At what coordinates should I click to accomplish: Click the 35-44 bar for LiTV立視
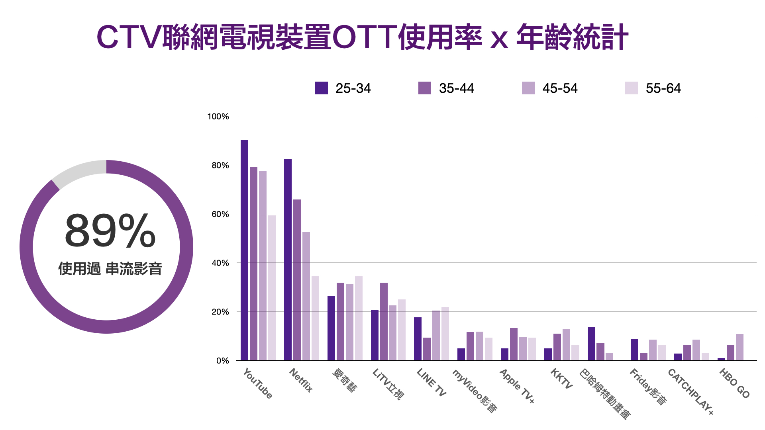pyautogui.click(x=383, y=321)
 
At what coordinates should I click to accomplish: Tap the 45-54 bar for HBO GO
pyautogui.click(x=739, y=347)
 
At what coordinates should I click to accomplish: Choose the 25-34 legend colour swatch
pyautogui.click(x=321, y=88)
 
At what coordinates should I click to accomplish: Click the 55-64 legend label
pyautogui.click(x=663, y=88)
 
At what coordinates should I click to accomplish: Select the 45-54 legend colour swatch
pyautogui.click(x=528, y=88)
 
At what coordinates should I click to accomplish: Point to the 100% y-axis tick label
pyautogui.click(x=218, y=116)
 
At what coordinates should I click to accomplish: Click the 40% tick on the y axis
pyautogui.click(x=220, y=263)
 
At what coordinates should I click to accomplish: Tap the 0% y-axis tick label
pyautogui.click(x=223, y=361)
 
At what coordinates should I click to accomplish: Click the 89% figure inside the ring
pyautogui.click(x=110, y=231)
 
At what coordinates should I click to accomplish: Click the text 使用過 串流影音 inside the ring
pyautogui.click(x=110, y=269)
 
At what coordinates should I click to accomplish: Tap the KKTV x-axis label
pyautogui.click(x=561, y=379)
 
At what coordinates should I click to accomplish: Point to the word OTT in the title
pyautogui.click(x=364, y=37)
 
